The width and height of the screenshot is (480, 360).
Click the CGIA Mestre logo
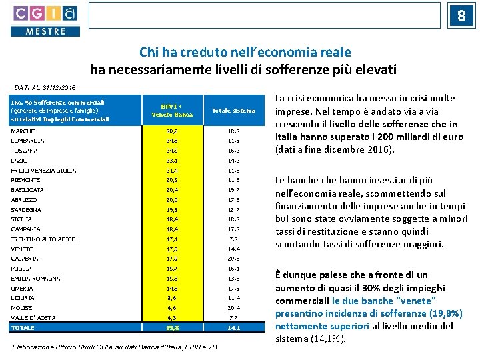click(45, 20)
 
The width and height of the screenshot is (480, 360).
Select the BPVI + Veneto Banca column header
click(172, 111)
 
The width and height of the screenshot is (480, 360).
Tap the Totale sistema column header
click(233, 111)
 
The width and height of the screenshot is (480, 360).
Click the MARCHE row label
click(23, 131)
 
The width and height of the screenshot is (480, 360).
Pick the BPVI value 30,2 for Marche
click(172, 131)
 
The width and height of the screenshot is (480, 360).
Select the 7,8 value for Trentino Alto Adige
click(233, 239)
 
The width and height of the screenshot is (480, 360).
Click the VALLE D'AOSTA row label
click(33, 318)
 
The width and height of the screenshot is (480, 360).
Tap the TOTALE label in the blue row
click(23, 328)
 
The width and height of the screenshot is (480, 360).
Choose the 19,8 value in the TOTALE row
click(172, 328)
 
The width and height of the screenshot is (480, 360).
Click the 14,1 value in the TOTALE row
click(233, 328)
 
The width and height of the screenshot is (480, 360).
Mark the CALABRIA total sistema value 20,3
click(233, 259)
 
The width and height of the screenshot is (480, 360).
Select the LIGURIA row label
click(23, 298)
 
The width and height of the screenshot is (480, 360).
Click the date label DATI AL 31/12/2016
click(45, 87)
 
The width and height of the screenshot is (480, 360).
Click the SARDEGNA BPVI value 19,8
click(172, 209)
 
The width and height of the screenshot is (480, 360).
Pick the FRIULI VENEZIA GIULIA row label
click(43, 171)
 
